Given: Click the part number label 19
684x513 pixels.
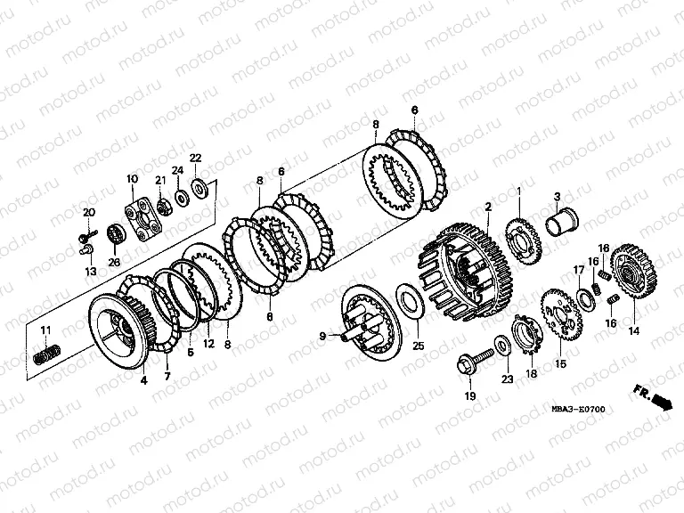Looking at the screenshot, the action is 470,396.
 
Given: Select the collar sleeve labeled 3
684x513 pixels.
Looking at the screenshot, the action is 562,223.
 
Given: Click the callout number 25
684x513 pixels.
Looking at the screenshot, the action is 418,346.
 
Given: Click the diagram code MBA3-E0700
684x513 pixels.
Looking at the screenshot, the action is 578,409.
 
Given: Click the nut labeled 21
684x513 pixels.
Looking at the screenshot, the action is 163,207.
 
